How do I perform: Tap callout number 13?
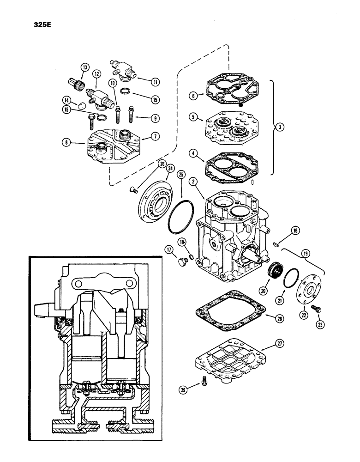tap(84, 67)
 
